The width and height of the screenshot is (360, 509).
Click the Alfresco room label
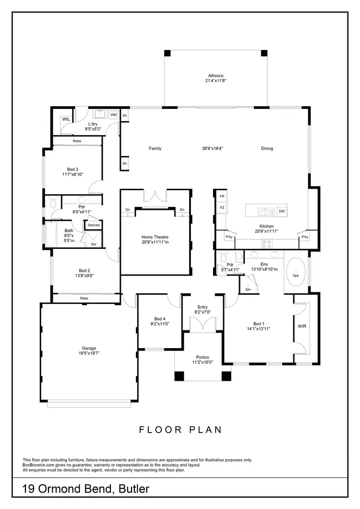pyautogui.click(x=216, y=76)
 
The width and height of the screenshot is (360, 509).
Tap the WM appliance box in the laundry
pyautogui.click(x=114, y=115)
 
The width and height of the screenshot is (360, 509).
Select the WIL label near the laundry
pyautogui.click(x=66, y=119)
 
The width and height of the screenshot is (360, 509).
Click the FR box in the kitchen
pyautogui.click(x=222, y=197)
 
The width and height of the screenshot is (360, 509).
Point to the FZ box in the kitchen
pyautogui.click(x=222, y=207)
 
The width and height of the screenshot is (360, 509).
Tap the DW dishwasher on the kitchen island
pyautogui.click(x=282, y=211)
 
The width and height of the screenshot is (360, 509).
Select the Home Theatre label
pyautogui.click(x=155, y=237)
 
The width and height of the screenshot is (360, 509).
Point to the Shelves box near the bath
pyautogui.click(x=93, y=225)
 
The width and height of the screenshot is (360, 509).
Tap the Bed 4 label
pyautogui.click(x=160, y=319)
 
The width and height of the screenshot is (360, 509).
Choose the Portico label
pyautogui.click(x=202, y=356)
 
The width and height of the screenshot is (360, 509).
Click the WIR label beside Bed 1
pyautogui.click(x=302, y=327)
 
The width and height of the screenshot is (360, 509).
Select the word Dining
pyautogui.click(x=267, y=148)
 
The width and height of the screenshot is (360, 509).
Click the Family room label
pyautogui.click(x=155, y=148)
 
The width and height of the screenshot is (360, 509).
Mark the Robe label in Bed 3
pyautogui.click(x=77, y=141)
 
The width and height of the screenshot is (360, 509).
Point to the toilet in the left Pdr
pyautogui.click(x=54, y=203)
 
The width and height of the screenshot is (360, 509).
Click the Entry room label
pyautogui.click(x=202, y=307)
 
